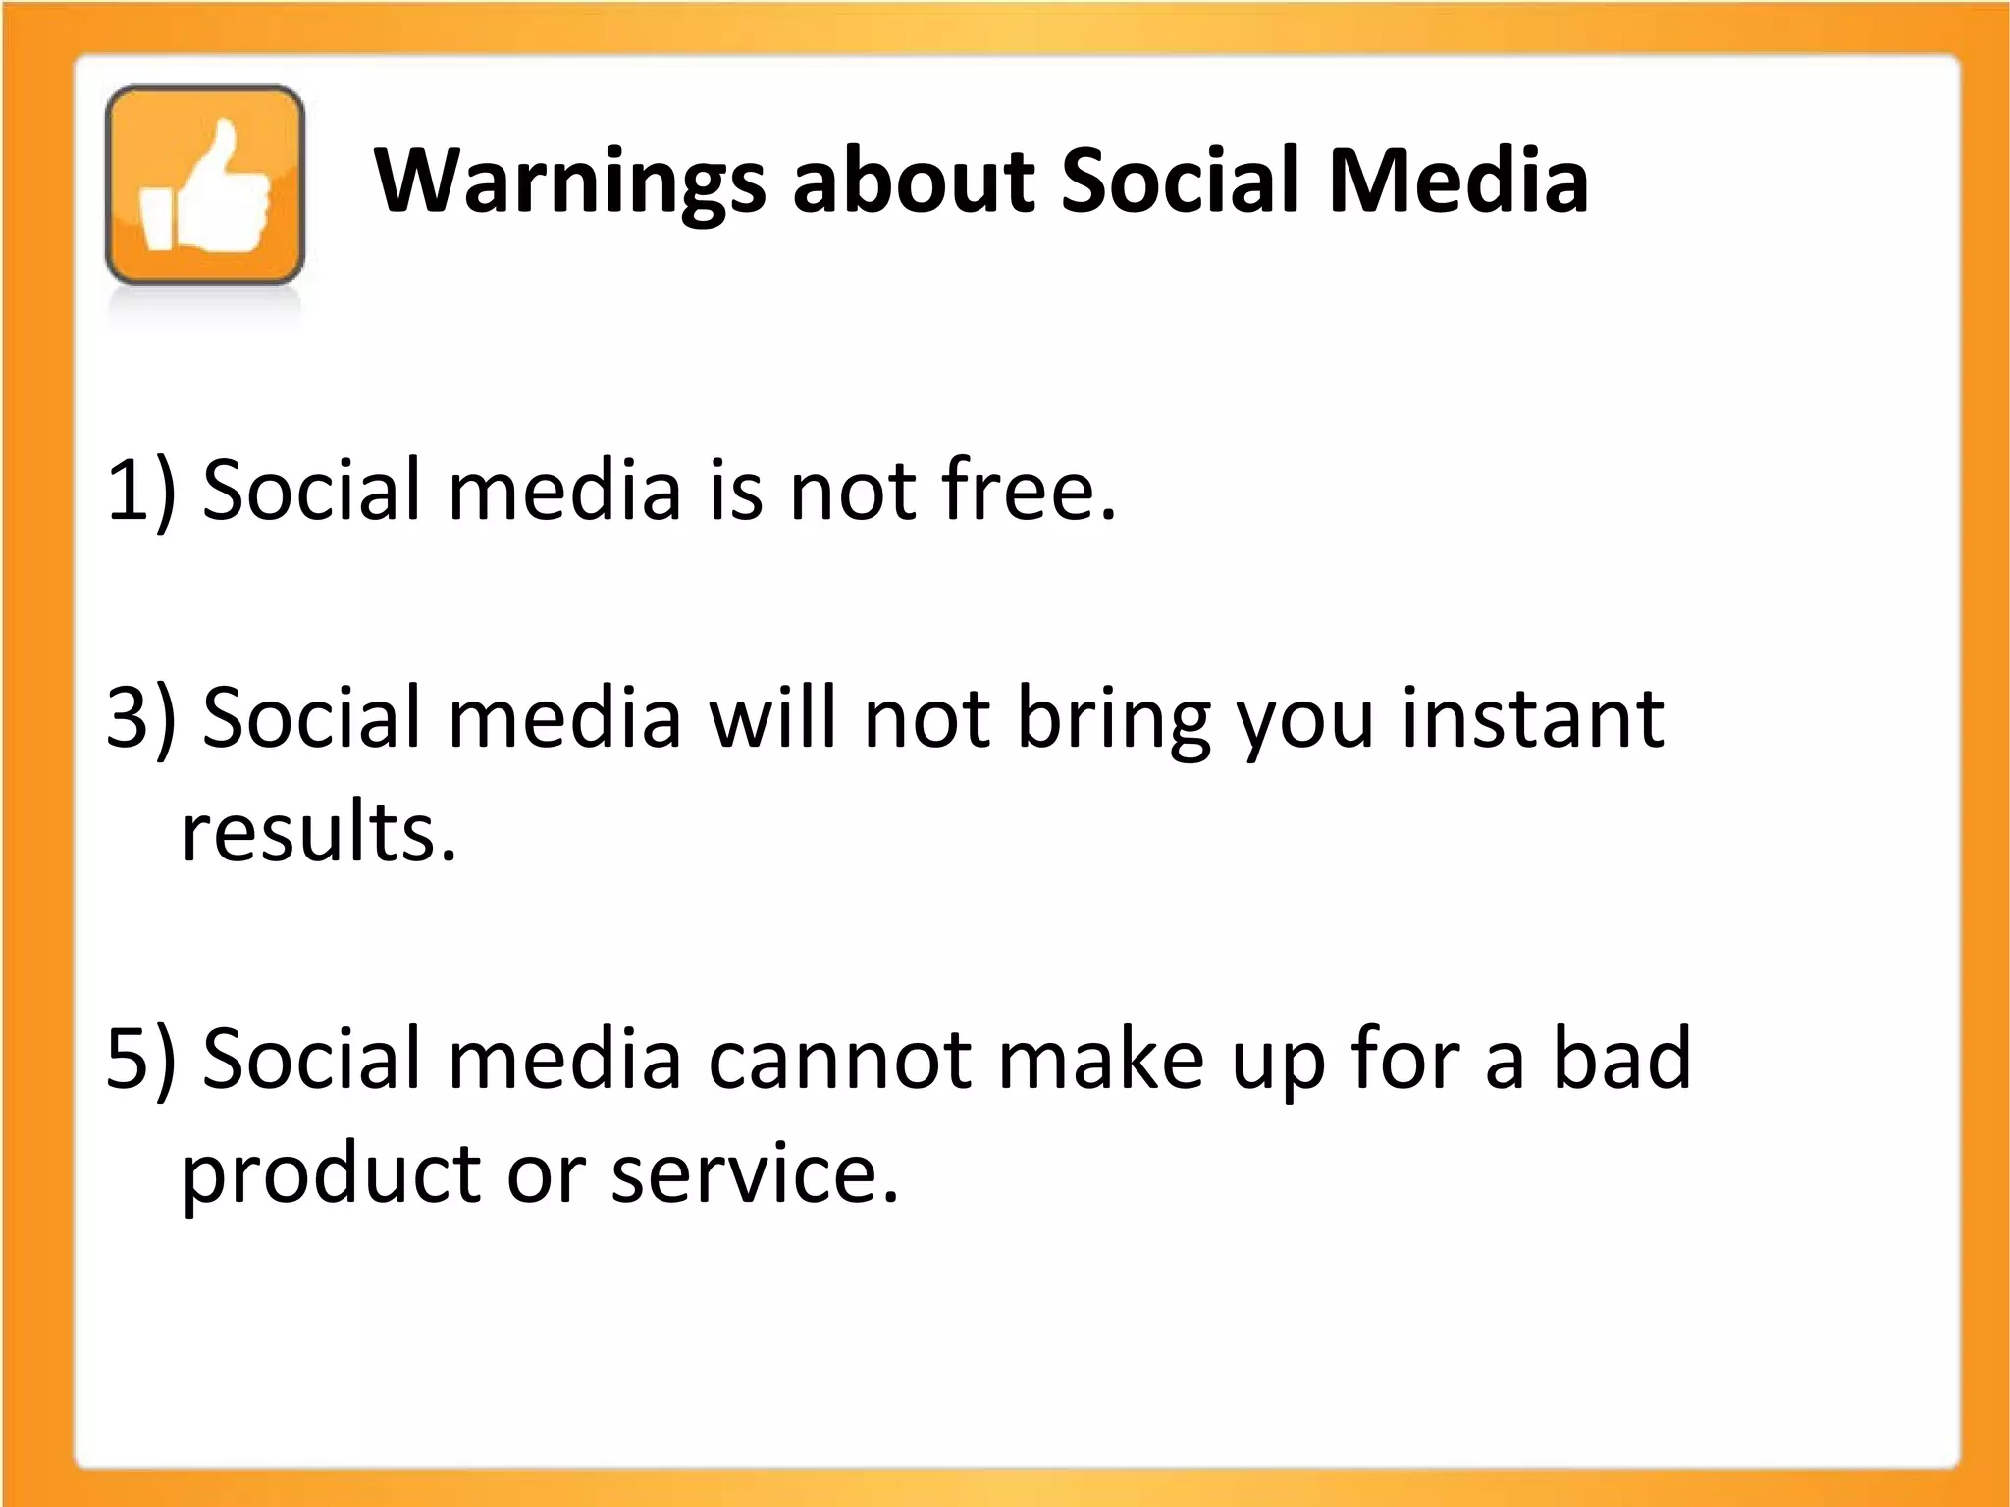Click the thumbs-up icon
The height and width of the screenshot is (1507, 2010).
click(205, 186)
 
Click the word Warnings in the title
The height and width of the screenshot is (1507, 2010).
click(569, 182)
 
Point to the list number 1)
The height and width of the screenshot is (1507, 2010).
click(141, 491)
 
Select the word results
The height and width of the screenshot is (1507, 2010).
click(319, 832)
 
